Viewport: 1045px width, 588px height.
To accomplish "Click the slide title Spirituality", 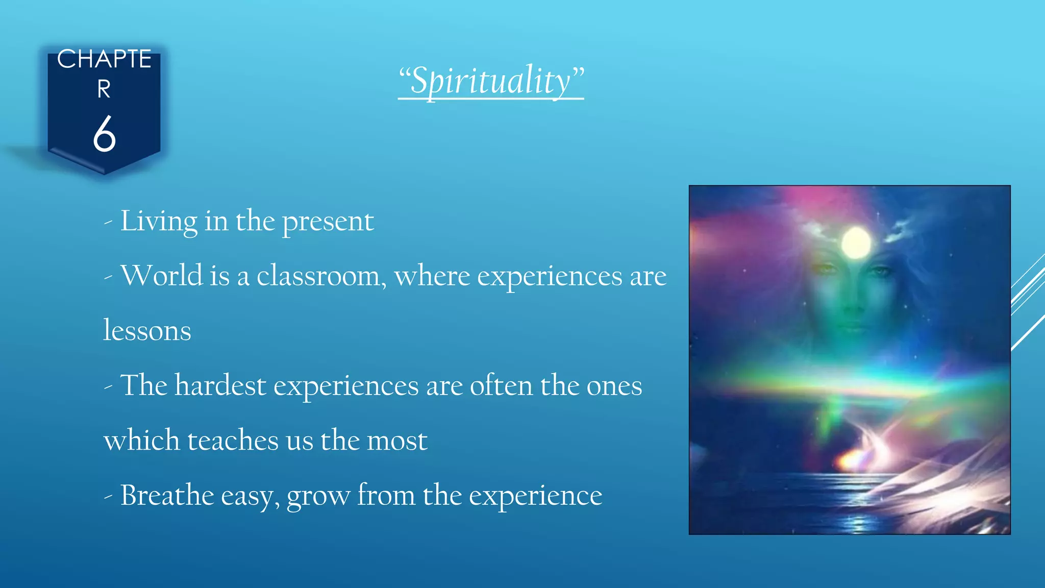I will click(491, 81).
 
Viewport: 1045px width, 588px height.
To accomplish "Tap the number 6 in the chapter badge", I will click(105, 134).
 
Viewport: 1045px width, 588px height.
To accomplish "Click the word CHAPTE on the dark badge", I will click(104, 59).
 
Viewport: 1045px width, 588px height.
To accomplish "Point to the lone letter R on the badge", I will click(104, 89).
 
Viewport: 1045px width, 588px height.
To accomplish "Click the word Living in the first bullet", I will click(159, 222).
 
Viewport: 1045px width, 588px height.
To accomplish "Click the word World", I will click(162, 276).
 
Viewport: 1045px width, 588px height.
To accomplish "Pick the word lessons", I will click(147, 331).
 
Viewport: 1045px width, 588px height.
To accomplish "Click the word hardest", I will click(220, 385).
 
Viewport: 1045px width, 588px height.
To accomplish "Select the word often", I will click(501, 385).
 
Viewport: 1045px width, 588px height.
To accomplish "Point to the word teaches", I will click(233, 440).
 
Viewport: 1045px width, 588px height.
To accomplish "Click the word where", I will click(432, 276).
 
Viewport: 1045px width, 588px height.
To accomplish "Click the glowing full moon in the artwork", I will click(856, 243).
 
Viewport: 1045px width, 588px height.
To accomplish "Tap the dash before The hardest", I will click(108, 387).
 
